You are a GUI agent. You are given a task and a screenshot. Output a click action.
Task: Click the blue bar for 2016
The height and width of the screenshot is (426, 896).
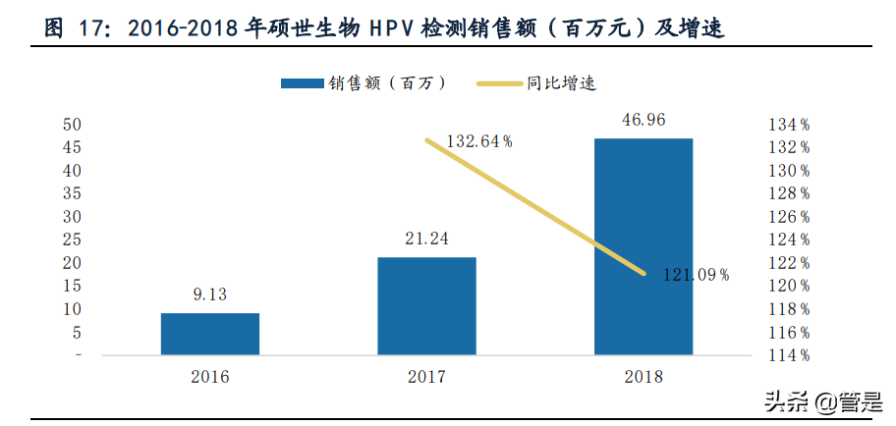210,334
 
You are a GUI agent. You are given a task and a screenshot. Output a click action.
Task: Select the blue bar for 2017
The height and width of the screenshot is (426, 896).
426,305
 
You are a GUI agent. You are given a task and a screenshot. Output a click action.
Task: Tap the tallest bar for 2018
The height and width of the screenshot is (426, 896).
644,246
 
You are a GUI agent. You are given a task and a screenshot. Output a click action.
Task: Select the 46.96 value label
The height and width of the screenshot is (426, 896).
644,120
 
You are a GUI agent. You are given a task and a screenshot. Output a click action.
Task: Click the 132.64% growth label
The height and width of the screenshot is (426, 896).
479,141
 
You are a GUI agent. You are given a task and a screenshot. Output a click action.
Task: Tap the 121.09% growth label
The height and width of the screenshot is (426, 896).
695,275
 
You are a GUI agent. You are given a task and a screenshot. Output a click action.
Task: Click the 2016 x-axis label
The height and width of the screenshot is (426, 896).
210,377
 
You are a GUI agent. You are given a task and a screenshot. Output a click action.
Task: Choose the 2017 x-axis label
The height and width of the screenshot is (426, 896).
426,377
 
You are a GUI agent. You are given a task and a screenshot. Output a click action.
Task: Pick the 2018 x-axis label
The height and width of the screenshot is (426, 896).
644,377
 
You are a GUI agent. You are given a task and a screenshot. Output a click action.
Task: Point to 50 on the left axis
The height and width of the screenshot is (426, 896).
72,125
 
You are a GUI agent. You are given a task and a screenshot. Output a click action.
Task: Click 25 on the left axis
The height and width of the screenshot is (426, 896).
72,240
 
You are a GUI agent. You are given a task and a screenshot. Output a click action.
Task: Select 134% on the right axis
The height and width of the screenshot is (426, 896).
789,125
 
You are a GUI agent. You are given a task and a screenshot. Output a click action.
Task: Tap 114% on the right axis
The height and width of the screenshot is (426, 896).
789,355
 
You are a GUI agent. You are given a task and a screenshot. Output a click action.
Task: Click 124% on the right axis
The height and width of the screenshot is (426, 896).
789,240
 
